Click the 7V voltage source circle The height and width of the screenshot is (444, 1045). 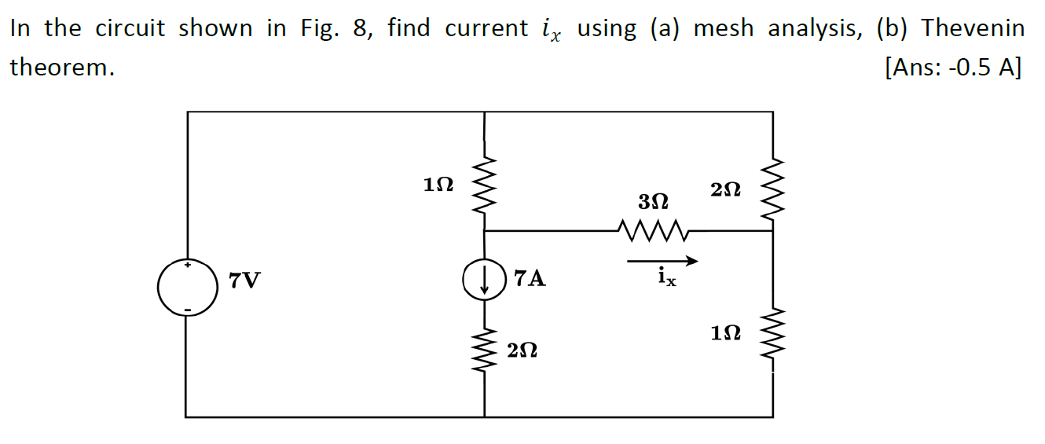[x=187, y=286]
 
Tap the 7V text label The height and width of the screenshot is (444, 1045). [x=244, y=279]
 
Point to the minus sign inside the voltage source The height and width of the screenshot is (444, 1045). [x=187, y=309]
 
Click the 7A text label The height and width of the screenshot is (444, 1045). [x=530, y=278]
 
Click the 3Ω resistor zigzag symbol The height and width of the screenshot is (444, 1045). [x=654, y=231]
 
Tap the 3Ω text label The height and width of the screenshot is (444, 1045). [x=654, y=202]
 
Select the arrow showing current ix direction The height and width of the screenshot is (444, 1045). [x=662, y=261]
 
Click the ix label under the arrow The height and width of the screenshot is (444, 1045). [x=665, y=277]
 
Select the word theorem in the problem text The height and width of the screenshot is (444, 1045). [x=61, y=68]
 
